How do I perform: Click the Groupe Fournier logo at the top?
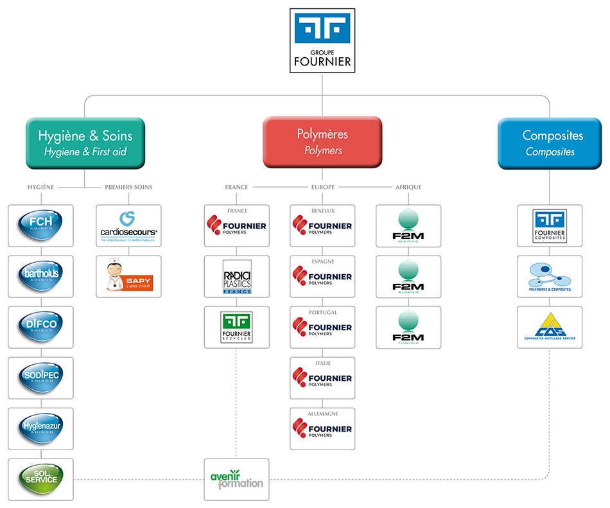click(322, 40)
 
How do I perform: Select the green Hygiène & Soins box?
click(85, 143)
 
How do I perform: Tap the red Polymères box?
click(322, 142)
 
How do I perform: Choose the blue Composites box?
click(550, 143)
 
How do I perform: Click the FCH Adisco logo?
click(40, 225)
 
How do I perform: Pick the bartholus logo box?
click(40, 276)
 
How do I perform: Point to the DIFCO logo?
click(40, 327)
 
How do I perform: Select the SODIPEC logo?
click(40, 378)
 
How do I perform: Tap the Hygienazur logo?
click(40, 428)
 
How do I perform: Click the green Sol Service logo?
click(40, 479)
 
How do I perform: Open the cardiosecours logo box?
click(129, 225)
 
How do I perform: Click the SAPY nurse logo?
click(129, 276)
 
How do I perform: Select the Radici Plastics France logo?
click(237, 276)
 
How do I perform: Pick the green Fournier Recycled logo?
click(237, 327)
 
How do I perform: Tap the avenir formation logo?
click(237, 479)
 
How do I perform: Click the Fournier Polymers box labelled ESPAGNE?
click(322, 276)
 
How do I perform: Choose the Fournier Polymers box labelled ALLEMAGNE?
click(322, 428)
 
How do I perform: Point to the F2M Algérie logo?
click(408, 276)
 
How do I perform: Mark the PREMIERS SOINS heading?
click(128, 188)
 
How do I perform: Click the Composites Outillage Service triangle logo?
click(550, 327)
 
